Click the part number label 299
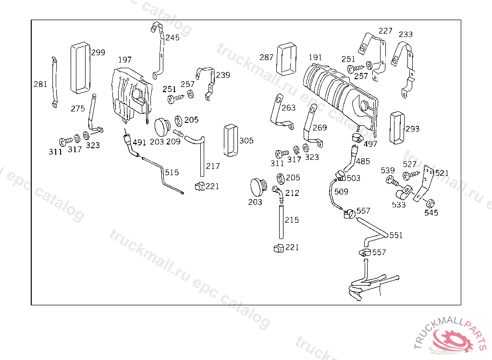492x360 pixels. click(x=98, y=52)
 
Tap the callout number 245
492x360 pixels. click(x=172, y=37)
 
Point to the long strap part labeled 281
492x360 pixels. click(x=54, y=82)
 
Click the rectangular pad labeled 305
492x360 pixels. click(x=231, y=140)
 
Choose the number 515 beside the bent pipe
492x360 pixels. click(x=172, y=172)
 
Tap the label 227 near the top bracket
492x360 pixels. click(x=385, y=31)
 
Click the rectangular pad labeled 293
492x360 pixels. click(x=397, y=128)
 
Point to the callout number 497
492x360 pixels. click(x=370, y=144)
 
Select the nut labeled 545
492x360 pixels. click(x=430, y=202)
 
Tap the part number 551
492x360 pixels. click(x=396, y=235)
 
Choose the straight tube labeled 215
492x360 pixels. click(x=280, y=221)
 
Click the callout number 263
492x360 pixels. click(x=288, y=108)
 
